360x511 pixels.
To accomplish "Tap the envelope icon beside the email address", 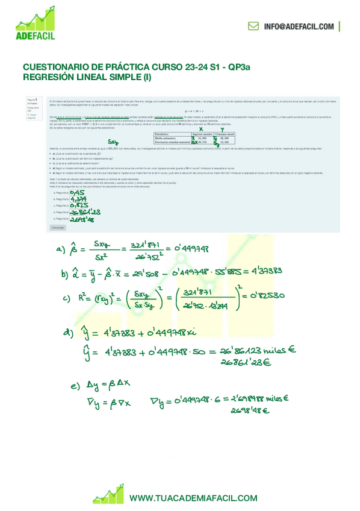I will click(x=253, y=27).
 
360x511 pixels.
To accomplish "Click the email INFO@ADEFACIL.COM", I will click(x=299, y=27).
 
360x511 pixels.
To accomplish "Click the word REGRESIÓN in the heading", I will click(x=50, y=77).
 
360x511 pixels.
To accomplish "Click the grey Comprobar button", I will click(x=57, y=228).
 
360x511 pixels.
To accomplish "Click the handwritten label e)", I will click(x=75, y=386).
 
